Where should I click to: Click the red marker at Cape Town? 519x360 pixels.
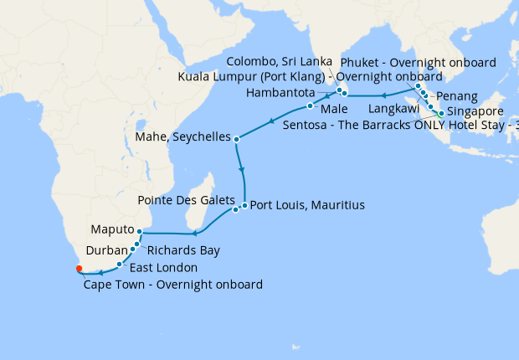click(79, 269)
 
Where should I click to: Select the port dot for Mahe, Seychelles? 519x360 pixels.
click(237, 139)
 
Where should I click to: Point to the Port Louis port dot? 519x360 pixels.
click(244, 205)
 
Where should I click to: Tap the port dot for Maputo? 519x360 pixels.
click(140, 231)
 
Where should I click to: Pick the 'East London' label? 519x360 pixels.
click(163, 268)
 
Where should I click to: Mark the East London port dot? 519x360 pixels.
click(120, 264)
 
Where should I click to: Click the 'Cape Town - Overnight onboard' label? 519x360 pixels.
click(173, 285)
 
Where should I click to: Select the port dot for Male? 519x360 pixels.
click(310, 106)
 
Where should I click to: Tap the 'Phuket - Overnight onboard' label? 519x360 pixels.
click(418, 62)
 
